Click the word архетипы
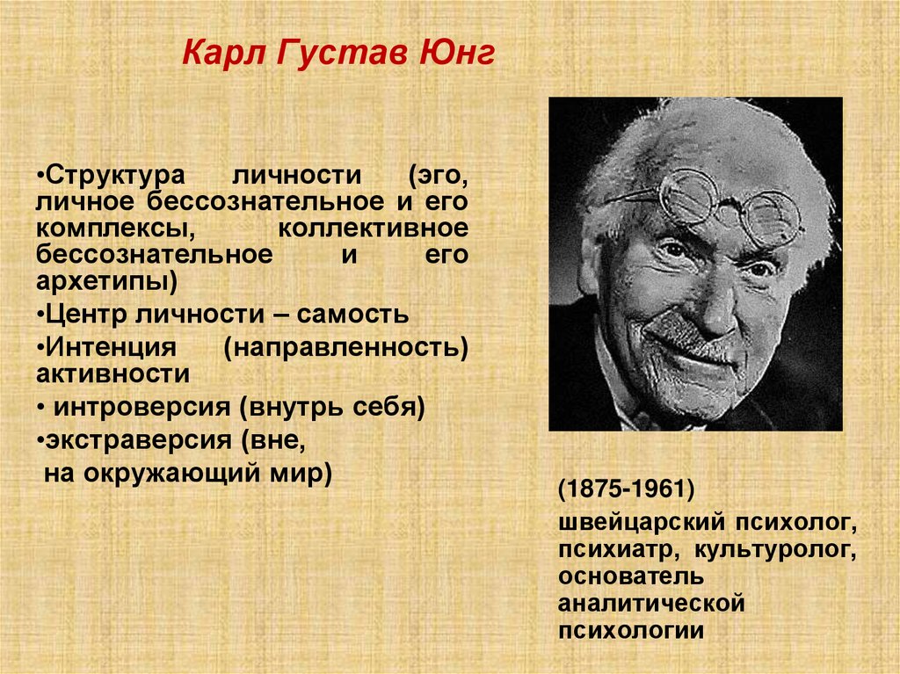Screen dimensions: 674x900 coord(106,283)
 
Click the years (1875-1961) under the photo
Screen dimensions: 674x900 coord(626,489)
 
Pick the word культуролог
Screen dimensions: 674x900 coord(777,551)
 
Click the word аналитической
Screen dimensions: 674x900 coord(651,605)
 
